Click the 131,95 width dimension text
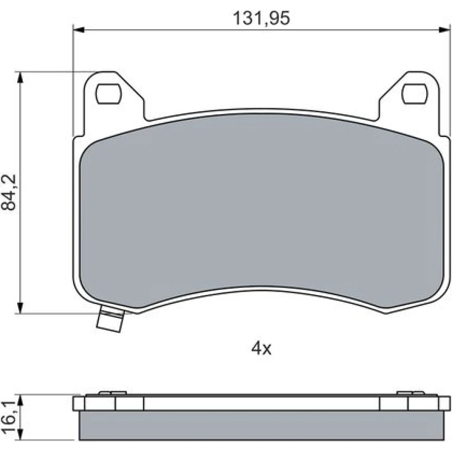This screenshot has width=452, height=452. pyautogui.click(x=261, y=19)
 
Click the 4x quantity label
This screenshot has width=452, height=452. pyautogui.click(x=261, y=349)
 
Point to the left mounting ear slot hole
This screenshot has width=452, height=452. pyautogui.click(x=108, y=94)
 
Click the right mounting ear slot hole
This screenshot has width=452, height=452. pyautogui.click(x=414, y=94)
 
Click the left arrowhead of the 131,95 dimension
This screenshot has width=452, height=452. pyautogui.click(x=79, y=30)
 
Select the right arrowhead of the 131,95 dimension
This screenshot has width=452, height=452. pyautogui.click(x=444, y=30)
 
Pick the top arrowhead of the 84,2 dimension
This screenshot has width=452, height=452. pyautogui.click(x=20, y=77)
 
